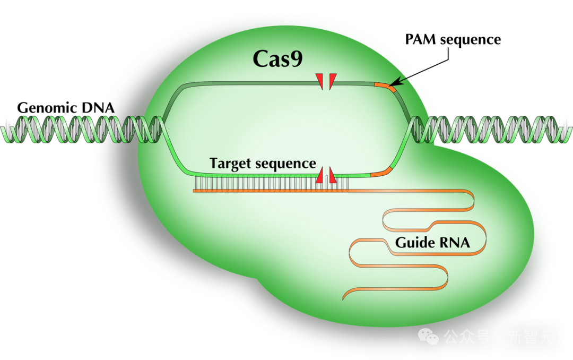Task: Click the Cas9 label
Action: coord(277,59)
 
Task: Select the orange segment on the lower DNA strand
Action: coord(380,172)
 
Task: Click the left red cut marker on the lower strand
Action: coord(320,176)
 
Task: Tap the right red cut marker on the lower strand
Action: coord(332,176)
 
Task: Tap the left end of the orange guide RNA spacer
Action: coord(194,190)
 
